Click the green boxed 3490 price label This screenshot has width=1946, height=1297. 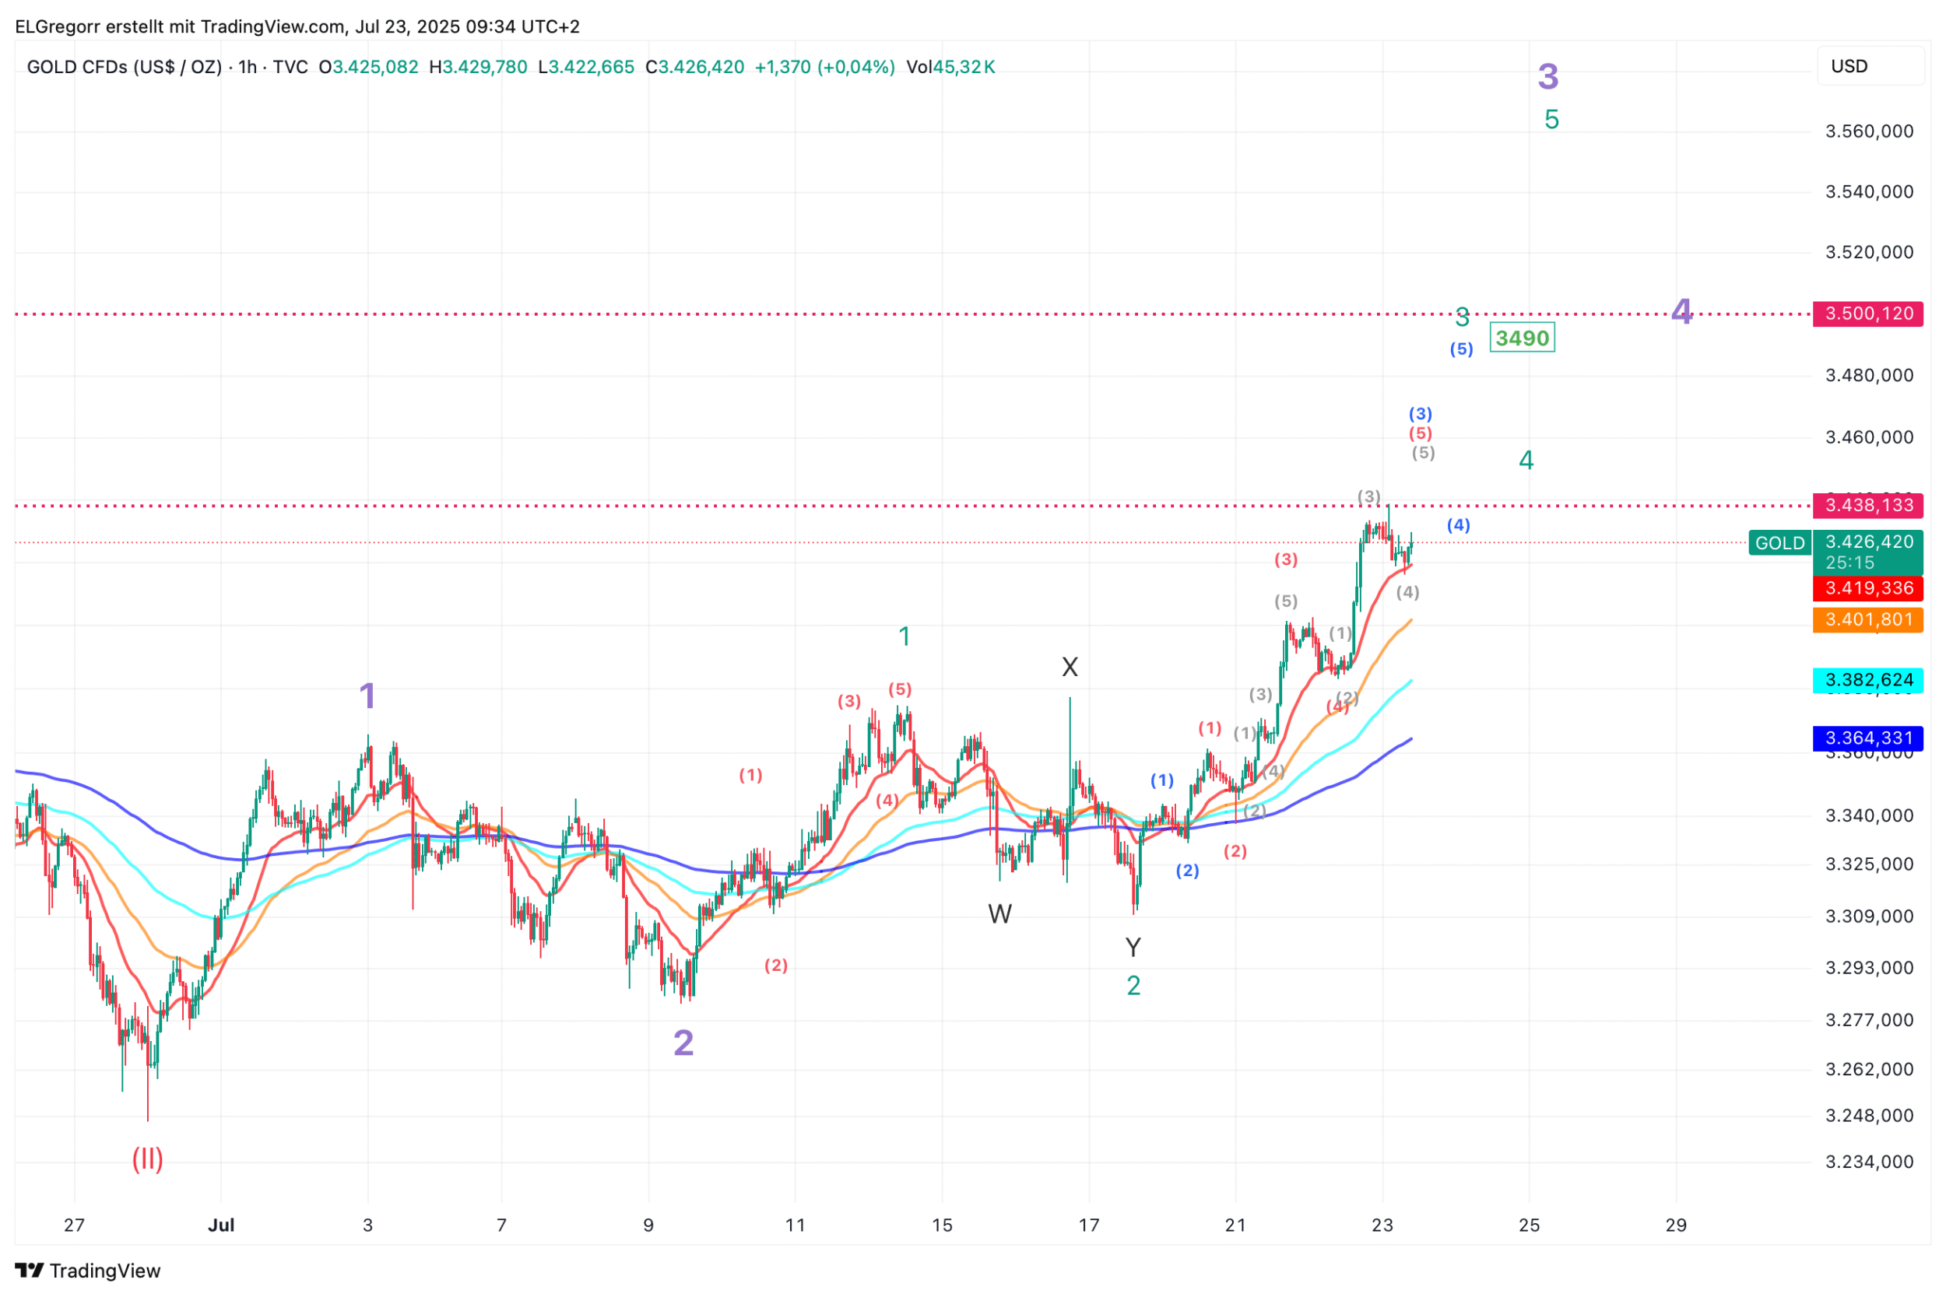[x=1522, y=338]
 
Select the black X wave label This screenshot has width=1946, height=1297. [x=1070, y=667]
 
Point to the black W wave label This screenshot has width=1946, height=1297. [x=999, y=914]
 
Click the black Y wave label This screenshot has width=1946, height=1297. [x=1133, y=947]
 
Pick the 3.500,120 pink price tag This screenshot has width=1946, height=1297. [x=1867, y=314]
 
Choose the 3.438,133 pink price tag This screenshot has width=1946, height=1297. [x=1867, y=505]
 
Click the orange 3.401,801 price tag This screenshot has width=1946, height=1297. [x=1867, y=619]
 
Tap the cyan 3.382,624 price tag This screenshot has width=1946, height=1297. [x=1867, y=680]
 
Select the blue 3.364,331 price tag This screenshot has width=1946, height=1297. [x=1867, y=738]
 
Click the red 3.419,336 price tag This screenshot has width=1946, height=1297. [x=1867, y=588]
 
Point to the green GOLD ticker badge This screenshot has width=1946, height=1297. [x=1779, y=542]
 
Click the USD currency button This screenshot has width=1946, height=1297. [x=1849, y=66]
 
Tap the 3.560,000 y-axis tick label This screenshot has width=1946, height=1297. [x=1869, y=131]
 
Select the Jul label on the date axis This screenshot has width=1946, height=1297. [x=221, y=1225]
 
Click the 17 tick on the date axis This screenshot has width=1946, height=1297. [x=1089, y=1225]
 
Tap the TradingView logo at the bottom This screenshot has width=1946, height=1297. [x=88, y=1271]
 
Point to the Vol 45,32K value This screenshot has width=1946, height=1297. [x=950, y=67]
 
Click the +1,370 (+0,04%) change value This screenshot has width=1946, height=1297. [x=825, y=67]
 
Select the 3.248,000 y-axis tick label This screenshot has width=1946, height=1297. [x=1869, y=1115]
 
